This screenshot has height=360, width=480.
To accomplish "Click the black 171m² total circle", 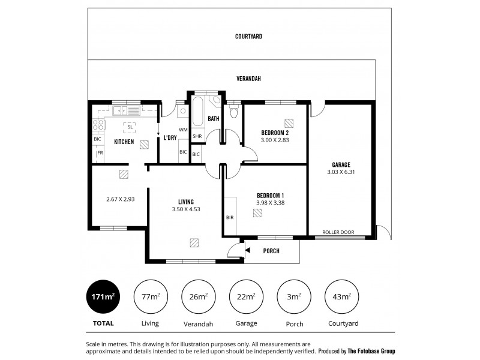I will (103, 296).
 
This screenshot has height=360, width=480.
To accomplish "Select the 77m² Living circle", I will (150, 296).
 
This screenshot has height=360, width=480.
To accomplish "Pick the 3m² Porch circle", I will (294, 296).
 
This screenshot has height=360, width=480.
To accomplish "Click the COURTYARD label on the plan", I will (248, 37).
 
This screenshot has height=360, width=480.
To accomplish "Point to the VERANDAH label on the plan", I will (248, 79).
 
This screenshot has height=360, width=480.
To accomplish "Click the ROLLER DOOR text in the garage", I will (338, 232).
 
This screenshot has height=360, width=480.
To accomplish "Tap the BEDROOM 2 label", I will (275, 133).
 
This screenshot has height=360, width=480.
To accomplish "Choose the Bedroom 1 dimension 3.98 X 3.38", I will (270, 203).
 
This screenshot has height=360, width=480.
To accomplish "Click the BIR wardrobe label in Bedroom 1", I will (229, 218).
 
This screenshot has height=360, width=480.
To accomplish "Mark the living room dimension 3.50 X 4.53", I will (185, 209).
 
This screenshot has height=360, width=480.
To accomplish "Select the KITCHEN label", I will (124, 142).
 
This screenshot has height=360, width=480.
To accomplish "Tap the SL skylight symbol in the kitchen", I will (130, 127).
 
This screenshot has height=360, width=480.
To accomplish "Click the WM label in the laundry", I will (183, 130).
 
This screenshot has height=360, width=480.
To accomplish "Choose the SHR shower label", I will (197, 137).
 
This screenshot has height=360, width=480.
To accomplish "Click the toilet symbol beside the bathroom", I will (234, 112).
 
